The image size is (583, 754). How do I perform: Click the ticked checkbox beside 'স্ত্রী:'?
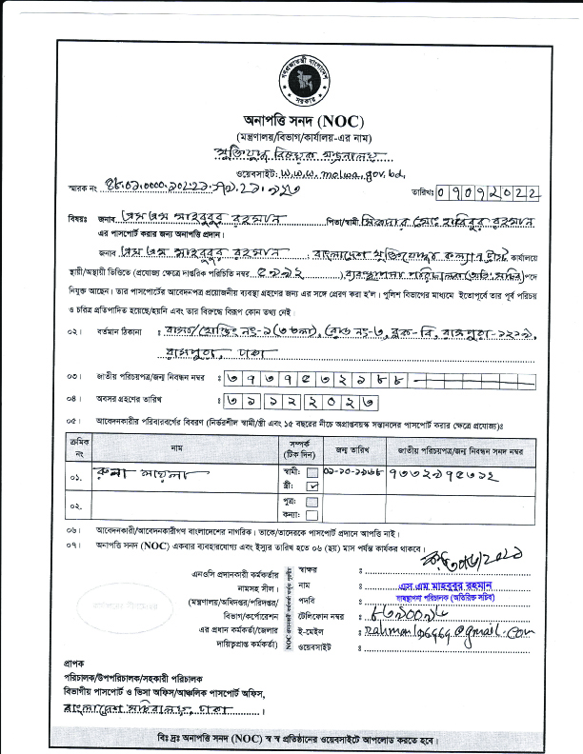coord(312,485)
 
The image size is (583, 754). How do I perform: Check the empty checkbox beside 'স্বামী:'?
coord(312,471)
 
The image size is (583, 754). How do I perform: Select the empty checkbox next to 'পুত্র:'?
coord(312,501)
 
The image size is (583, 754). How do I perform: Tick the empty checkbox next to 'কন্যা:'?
coord(312,514)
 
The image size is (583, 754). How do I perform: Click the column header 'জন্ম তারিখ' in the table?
coord(352,449)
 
